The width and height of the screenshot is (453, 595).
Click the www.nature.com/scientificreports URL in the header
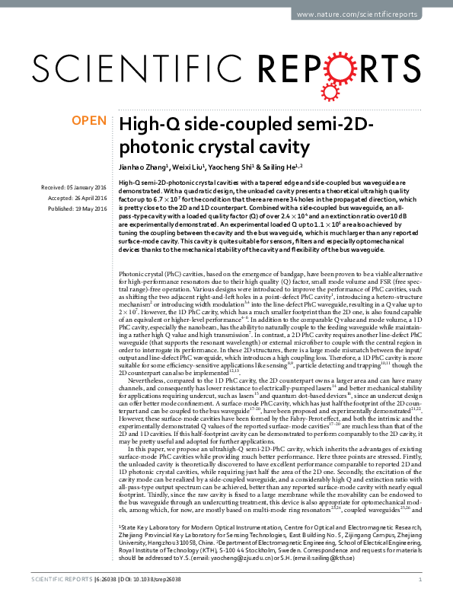point(365,15)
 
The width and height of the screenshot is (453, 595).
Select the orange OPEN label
point(89,120)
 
